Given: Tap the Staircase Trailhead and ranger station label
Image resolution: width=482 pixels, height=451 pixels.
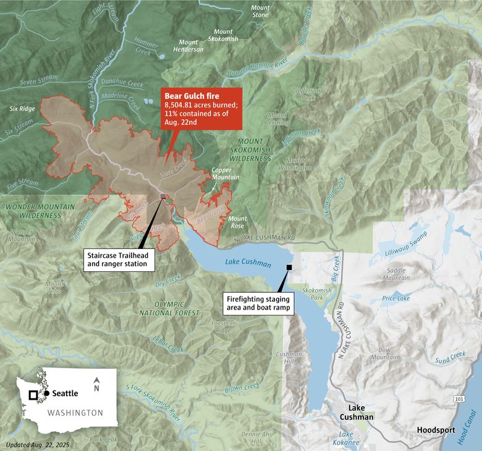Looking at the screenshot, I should [x=117, y=259].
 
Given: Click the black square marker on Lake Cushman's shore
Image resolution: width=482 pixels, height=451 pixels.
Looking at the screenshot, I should [x=289, y=267].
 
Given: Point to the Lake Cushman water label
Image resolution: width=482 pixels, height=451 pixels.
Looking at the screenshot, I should [x=248, y=262].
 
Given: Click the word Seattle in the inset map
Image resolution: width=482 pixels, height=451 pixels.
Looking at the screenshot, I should [x=66, y=393].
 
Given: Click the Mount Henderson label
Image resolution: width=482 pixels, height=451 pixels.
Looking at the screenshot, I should [x=188, y=46].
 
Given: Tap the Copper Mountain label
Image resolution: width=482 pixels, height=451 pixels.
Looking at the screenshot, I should [x=225, y=174].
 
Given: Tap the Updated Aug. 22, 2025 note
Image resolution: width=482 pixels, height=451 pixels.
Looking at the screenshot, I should [x=36, y=444].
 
